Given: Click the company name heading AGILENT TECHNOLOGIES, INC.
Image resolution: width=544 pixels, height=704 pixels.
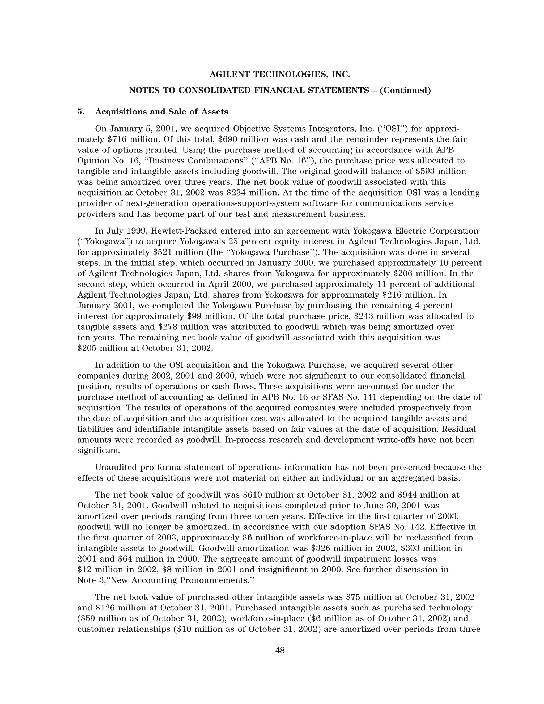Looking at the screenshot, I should tap(280, 75).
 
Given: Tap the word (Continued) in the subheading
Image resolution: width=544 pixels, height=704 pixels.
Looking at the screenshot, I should tap(405, 91).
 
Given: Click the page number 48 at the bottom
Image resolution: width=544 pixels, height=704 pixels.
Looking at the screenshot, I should tap(280, 651).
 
